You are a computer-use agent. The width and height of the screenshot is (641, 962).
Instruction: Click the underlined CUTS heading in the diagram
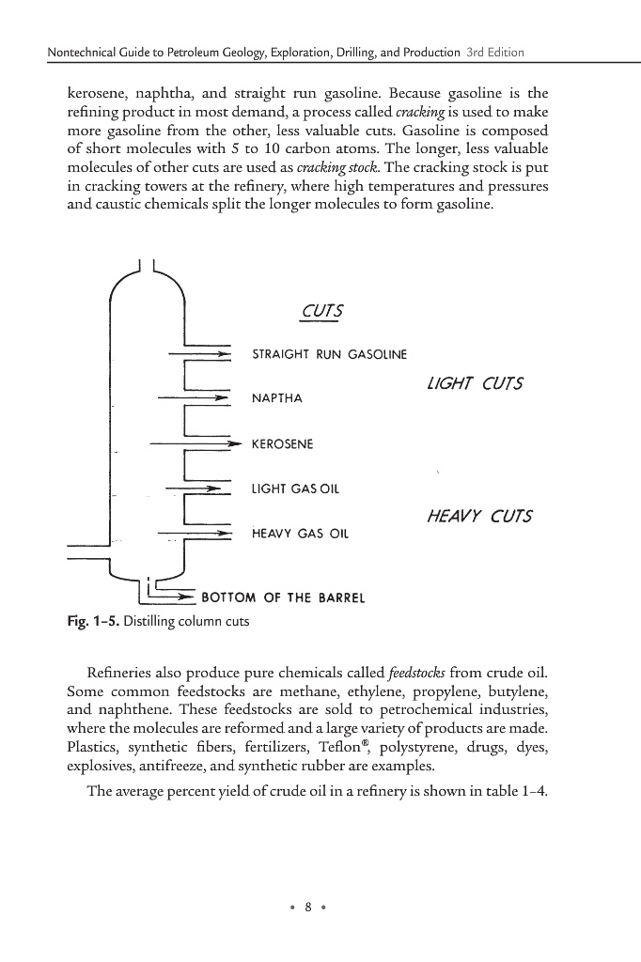pyautogui.click(x=320, y=312)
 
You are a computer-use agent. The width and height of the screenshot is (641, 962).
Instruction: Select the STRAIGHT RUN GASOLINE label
pyautogui.click(x=330, y=355)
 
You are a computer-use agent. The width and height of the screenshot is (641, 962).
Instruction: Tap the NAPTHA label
pyautogui.click(x=277, y=398)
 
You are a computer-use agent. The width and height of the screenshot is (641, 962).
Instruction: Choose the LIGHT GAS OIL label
pyautogui.click(x=295, y=489)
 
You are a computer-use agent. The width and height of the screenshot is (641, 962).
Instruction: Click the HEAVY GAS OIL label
pyautogui.click(x=300, y=533)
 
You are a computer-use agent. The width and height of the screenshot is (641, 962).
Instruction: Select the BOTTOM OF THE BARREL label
pyautogui.click(x=283, y=597)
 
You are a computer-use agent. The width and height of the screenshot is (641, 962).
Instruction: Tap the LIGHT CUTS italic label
pyautogui.click(x=475, y=383)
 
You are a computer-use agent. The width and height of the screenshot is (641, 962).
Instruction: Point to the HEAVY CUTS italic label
pyautogui.click(x=479, y=516)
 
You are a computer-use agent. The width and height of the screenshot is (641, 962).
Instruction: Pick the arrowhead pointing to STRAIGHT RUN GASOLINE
pyautogui.click(x=225, y=355)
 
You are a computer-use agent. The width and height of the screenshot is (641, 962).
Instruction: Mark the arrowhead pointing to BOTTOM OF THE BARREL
pyautogui.click(x=187, y=597)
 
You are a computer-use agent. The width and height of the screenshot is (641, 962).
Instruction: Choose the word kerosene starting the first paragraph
pyautogui.click(x=100, y=95)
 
